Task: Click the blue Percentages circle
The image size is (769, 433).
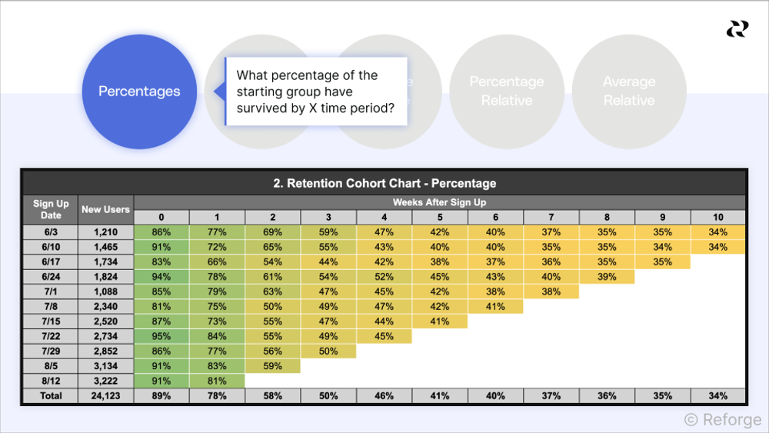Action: click(x=139, y=92)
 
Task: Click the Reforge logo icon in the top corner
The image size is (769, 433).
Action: click(x=737, y=29)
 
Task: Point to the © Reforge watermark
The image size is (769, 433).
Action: click(x=722, y=419)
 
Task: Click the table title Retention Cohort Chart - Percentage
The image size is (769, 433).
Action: click(x=384, y=183)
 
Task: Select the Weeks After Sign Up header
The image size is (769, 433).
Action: click(x=439, y=202)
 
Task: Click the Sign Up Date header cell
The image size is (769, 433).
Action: click(x=51, y=209)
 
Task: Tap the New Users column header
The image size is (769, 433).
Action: click(x=106, y=209)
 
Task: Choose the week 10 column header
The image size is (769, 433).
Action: click(x=718, y=217)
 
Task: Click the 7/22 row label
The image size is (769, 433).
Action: click(x=51, y=336)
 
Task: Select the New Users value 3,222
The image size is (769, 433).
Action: click(x=106, y=381)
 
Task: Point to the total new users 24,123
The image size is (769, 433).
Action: click(x=106, y=396)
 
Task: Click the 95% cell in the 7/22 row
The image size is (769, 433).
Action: click(x=161, y=336)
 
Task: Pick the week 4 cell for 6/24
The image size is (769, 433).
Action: click(x=384, y=277)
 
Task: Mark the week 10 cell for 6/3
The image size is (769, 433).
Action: click(x=718, y=232)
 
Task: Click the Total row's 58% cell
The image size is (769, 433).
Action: click(x=273, y=396)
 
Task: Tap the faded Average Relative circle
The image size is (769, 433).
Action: click(x=629, y=92)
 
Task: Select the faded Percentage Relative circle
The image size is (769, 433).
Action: click(x=506, y=92)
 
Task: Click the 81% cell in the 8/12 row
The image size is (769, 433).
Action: click(x=217, y=381)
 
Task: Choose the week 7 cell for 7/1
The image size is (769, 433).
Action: click(x=551, y=291)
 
